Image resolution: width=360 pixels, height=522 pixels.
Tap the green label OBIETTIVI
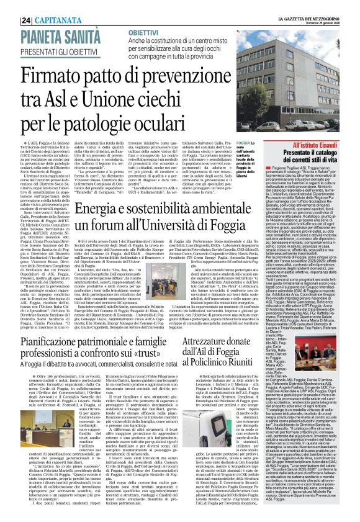click(148, 31)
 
